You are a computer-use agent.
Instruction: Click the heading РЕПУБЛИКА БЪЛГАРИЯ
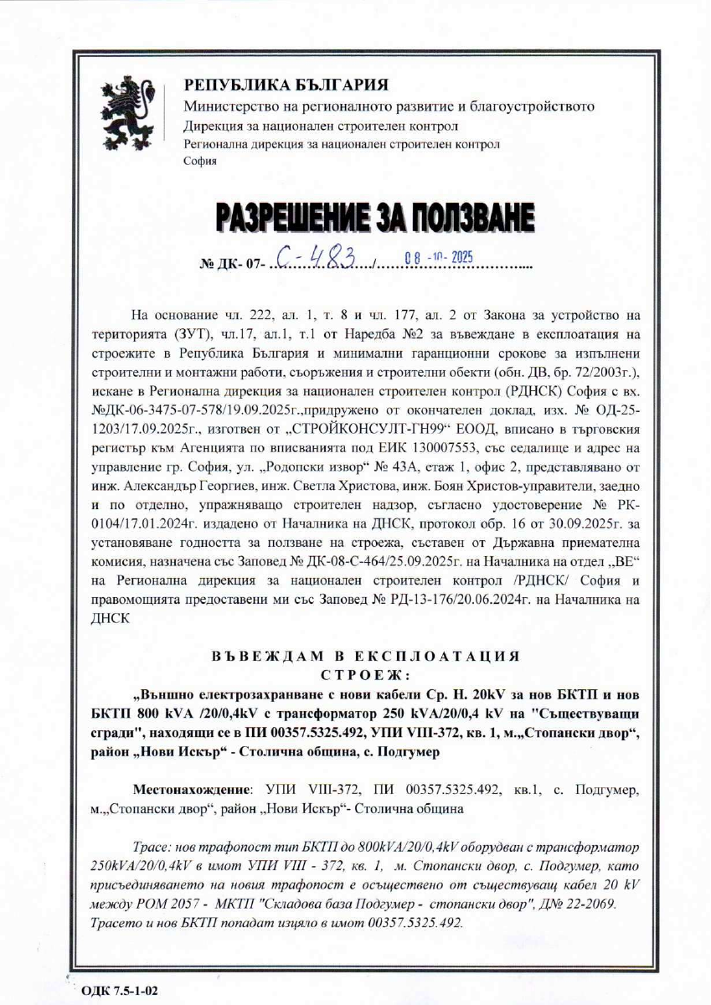(286, 85)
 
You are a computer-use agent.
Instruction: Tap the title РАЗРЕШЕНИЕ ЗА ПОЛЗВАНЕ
(374, 219)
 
